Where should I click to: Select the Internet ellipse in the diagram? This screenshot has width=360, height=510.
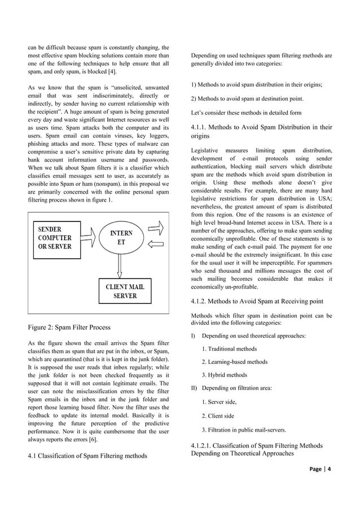tap(122, 238)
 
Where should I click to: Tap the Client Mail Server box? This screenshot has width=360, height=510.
tap(125, 291)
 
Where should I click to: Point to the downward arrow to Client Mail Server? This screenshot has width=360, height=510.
tap(120, 265)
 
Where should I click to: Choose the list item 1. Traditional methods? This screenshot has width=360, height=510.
tap(229, 348)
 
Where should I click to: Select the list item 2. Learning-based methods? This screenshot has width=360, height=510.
tap(234, 361)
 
